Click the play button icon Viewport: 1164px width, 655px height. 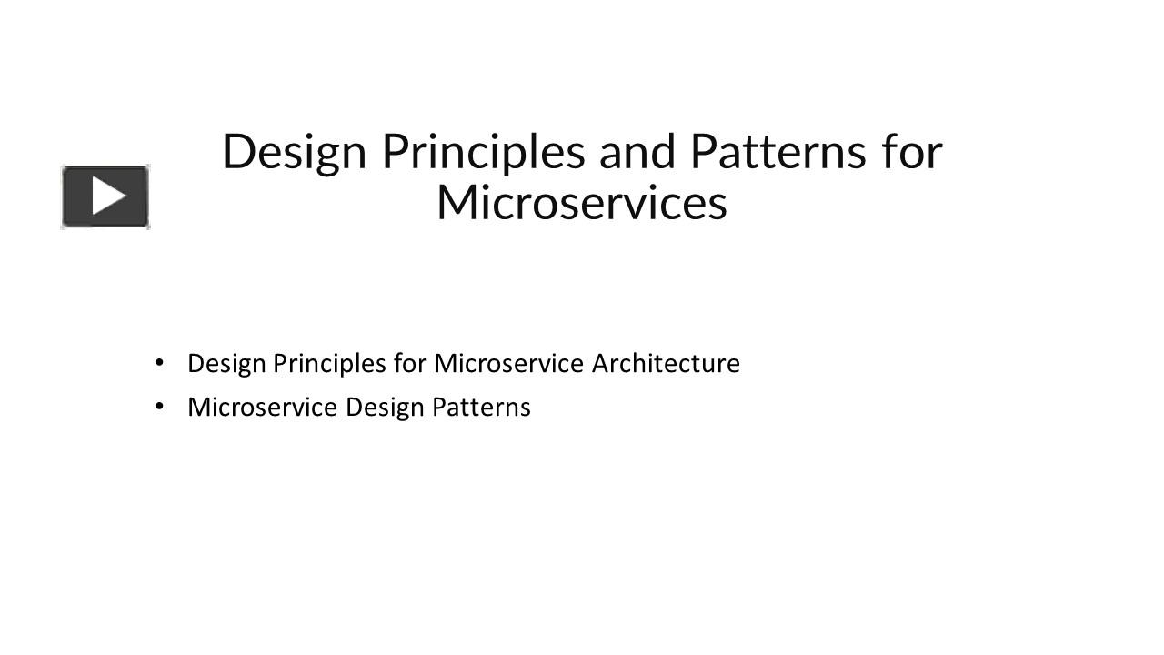(x=105, y=196)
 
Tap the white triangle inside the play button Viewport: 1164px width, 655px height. (x=108, y=196)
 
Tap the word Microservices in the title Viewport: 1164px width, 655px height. (x=582, y=203)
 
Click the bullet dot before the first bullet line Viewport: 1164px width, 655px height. (x=160, y=362)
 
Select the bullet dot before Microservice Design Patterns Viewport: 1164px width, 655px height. (x=160, y=406)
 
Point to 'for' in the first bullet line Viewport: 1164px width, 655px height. (x=410, y=364)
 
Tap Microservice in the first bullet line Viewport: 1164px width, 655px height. (x=508, y=364)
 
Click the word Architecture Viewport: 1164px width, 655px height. (x=666, y=364)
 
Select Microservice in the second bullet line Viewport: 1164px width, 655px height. (x=262, y=407)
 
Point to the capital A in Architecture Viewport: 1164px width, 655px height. (x=600, y=364)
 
